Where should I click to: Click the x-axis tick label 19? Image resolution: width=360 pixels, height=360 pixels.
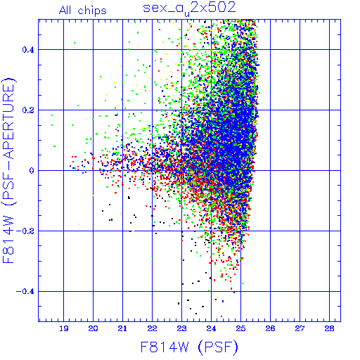pyautogui.click(x=64, y=329)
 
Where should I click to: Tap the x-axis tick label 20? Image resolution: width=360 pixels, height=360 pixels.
pyautogui.click(x=94, y=329)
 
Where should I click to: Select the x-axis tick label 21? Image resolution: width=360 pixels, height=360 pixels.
pyautogui.click(x=122, y=329)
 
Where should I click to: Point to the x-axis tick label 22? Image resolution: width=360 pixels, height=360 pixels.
pyautogui.click(x=153, y=329)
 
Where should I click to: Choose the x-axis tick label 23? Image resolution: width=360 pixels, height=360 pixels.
pyautogui.click(x=182, y=329)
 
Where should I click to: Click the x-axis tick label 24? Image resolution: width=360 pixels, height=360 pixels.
pyautogui.click(x=212, y=329)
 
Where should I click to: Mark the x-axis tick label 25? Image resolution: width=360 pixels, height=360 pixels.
pyautogui.click(x=241, y=329)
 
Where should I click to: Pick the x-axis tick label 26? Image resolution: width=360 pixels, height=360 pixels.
pyautogui.click(x=271, y=329)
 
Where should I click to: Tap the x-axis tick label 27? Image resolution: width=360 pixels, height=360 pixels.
pyautogui.click(x=300, y=329)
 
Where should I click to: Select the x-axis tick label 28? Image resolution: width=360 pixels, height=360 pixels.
pyautogui.click(x=330, y=329)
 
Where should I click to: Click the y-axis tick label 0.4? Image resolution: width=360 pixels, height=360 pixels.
pyautogui.click(x=28, y=50)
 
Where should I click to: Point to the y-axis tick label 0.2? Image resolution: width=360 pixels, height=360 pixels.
pyautogui.click(x=28, y=110)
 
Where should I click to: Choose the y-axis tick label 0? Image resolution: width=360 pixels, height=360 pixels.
pyautogui.click(x=32, y=171)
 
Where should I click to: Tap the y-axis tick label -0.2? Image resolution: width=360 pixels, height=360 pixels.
pyautogui.click(x=25, y=231)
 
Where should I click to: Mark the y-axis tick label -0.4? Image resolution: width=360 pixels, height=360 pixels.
pyautogui.click(x=25, y=292)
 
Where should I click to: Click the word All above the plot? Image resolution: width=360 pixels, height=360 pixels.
pyautogui.click(x=65, y=11)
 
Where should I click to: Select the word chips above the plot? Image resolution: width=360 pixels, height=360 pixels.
pyautogui.click(x=92, y=11)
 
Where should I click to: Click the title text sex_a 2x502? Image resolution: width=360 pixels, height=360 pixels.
pyautogui.click(x=189, y=8)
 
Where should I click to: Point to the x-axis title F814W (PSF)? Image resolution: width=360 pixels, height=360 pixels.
pyautogui.click(x=189, y=347)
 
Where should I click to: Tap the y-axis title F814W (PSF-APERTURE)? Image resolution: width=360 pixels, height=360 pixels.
pyautogui.click(x=8, y=170)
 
